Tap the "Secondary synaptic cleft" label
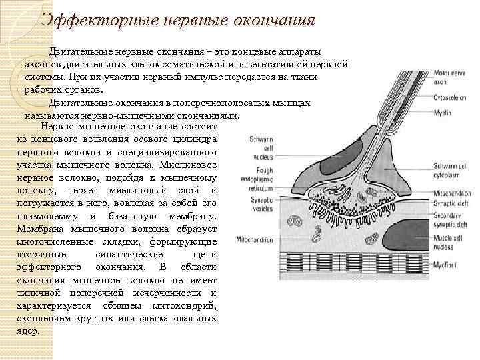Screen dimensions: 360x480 (449, 220)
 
